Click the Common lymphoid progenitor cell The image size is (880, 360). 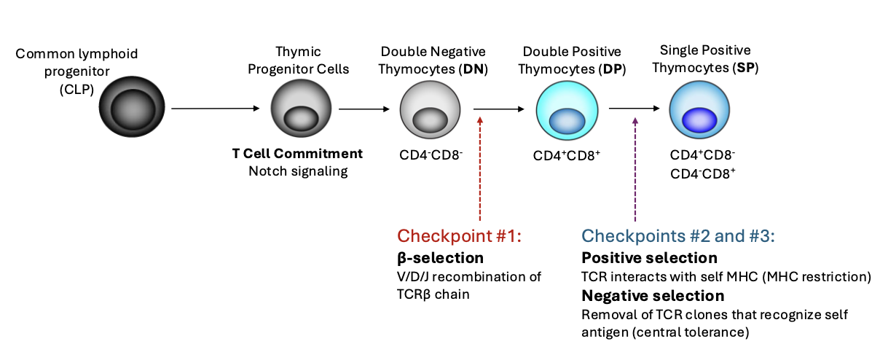tap(132, 109)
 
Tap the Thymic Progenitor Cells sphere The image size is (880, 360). tap(296, 109)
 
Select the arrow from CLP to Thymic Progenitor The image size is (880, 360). tap(216, 109)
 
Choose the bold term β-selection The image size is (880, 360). tap(440, 258)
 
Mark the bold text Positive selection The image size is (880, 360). tap(649, 258)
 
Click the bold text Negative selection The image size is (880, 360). tap(653, 296)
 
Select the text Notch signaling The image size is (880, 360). tap(298, 171)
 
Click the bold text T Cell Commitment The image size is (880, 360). tap(297, 154)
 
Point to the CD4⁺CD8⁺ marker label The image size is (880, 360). tap(567, 156)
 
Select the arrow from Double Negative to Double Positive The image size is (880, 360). tap(499, 109)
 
